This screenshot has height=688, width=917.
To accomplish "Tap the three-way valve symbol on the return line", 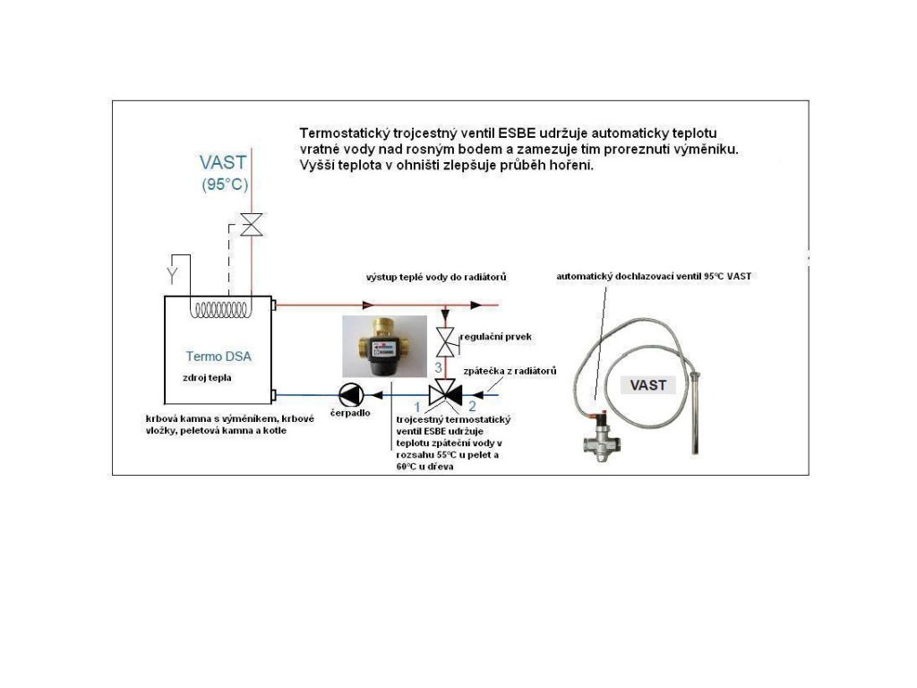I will tap(445, 392).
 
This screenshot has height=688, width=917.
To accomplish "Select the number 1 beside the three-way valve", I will tap(416, 408).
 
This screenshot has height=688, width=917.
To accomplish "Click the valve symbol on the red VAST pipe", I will tap(253, 225).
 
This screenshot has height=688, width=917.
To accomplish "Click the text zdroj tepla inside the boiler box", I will tap(208, 378).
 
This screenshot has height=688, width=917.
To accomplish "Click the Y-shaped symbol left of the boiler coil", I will tap(174, 270).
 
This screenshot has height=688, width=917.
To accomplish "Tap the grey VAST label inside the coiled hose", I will tap(647, 385).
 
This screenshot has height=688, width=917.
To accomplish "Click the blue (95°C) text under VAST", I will tap(224, 185).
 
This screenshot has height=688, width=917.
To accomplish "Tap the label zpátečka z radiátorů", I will tap(510, 371).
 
